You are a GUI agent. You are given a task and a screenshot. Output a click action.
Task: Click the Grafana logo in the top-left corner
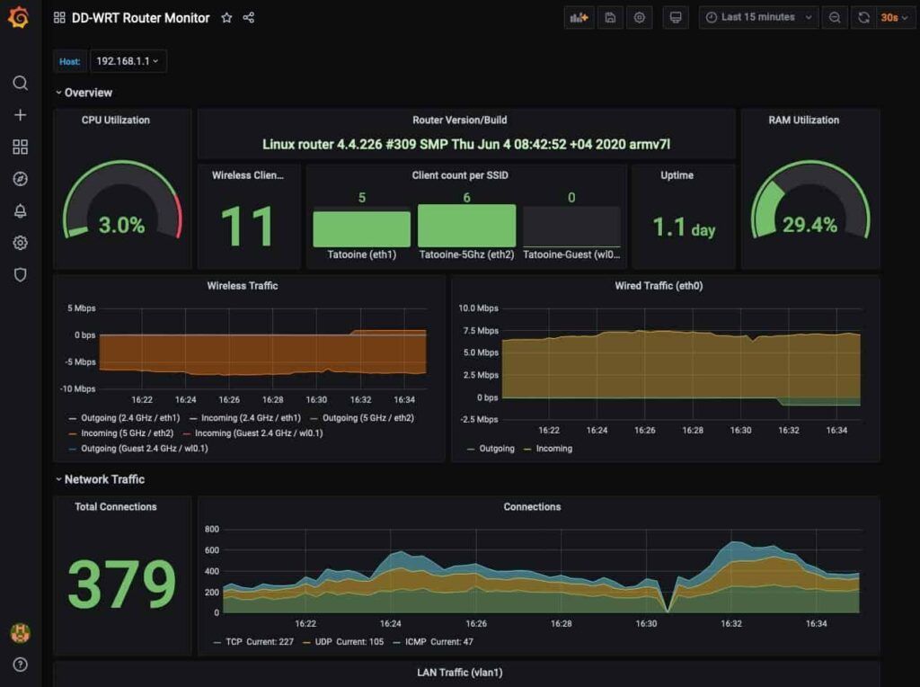[19, 17]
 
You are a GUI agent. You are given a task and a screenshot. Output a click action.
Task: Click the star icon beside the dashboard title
[226, 17]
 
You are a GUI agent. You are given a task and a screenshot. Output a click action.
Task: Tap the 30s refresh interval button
[890, 17]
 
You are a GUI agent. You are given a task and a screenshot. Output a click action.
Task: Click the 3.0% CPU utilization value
[121, 225]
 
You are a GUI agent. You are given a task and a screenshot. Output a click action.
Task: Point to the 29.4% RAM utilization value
[809, 225]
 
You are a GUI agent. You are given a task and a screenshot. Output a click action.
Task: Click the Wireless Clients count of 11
[248, 227]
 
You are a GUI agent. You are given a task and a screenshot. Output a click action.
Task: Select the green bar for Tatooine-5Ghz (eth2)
[466, 226]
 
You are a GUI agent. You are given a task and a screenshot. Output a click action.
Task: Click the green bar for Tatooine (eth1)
[361, 229]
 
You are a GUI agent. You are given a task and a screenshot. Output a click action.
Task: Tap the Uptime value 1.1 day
[684, 228]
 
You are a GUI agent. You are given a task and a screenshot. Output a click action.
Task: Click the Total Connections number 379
[122, 584]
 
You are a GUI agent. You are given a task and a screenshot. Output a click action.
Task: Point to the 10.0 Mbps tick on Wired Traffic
[479, 308]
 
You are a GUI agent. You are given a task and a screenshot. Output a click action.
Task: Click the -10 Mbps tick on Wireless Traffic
[78, 388]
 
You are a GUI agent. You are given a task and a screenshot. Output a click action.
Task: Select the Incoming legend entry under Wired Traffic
[553, 449]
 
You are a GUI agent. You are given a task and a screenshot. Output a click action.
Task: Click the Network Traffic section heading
[104, 479]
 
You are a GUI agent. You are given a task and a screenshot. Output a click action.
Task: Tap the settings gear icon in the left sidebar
[20, 243]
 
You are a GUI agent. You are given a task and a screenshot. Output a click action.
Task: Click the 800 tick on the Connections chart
[212, 529]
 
